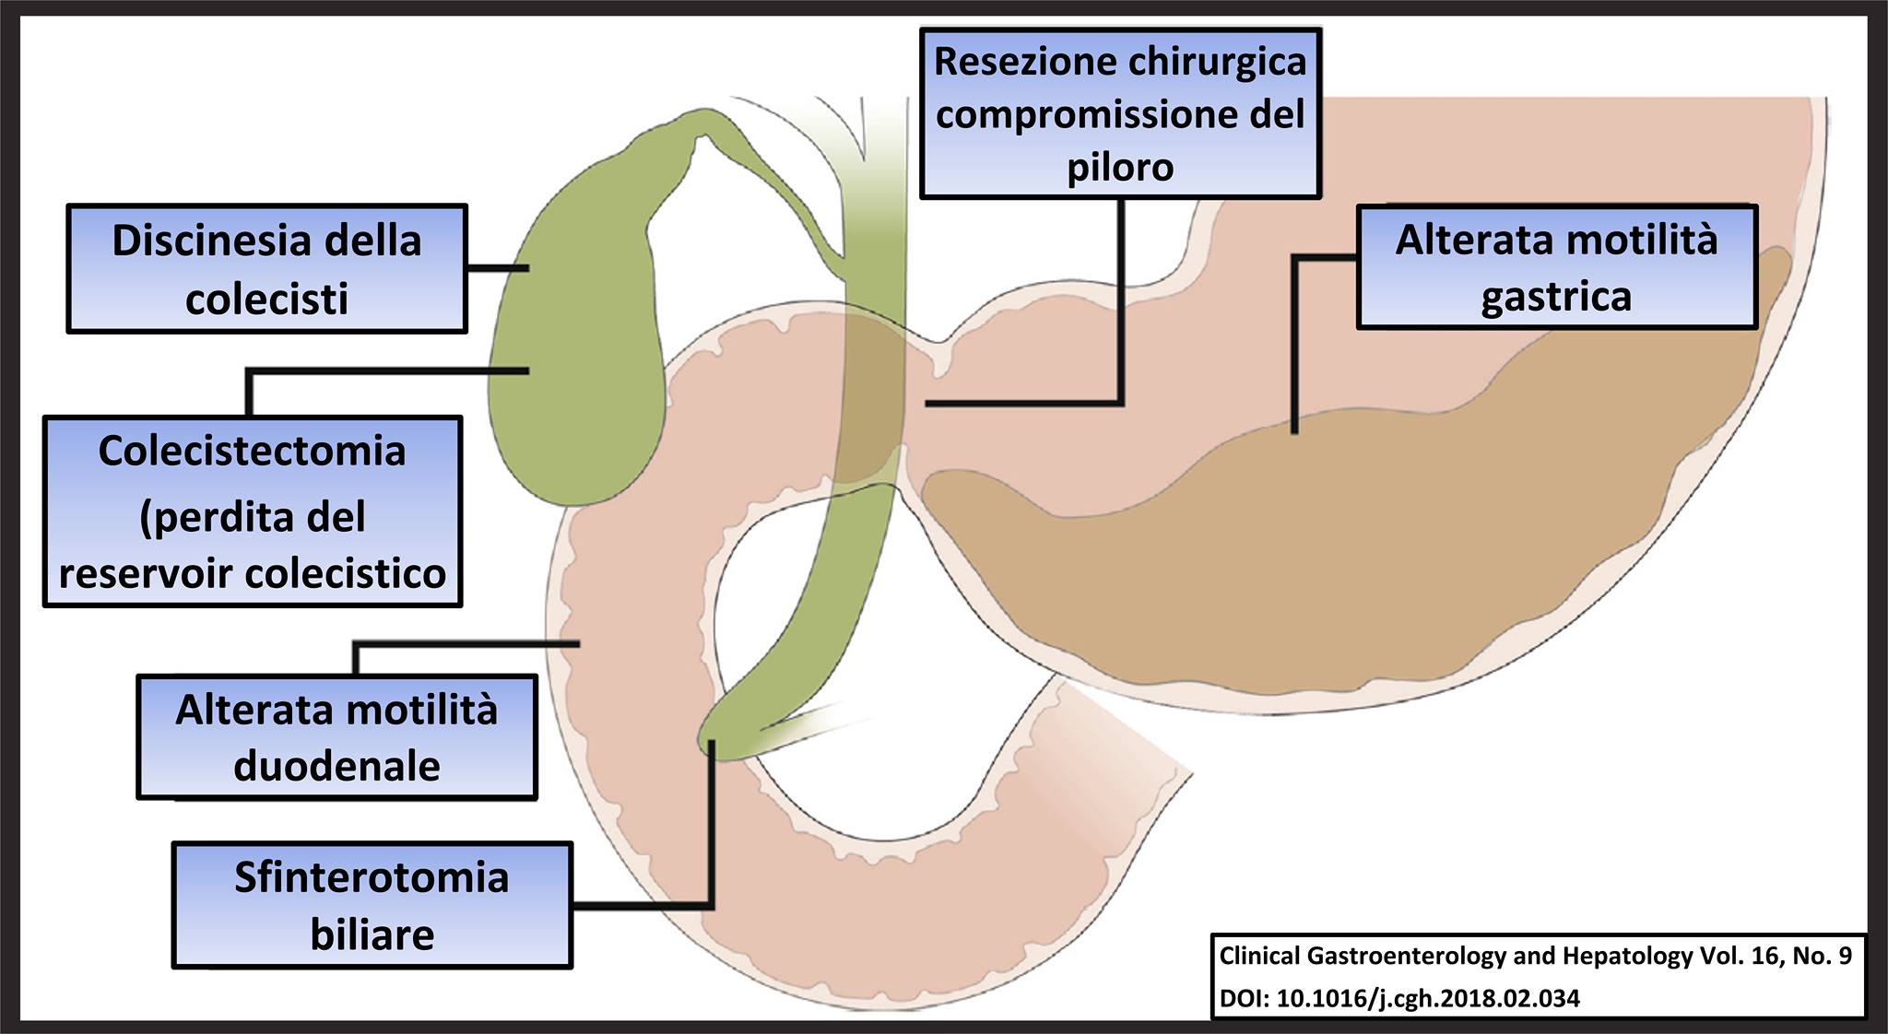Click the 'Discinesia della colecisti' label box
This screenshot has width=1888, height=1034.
point(266,268)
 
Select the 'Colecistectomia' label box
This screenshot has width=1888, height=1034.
point(252,511)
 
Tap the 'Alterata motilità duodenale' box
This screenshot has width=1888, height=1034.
point(336,736)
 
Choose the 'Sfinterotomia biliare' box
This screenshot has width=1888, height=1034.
point(372,904)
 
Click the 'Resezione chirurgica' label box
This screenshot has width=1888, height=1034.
point(1120,113)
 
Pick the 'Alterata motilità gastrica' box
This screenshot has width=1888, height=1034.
point(1556,267)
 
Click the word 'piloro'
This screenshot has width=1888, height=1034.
point(1120,168)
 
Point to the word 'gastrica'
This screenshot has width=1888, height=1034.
point(1556,297)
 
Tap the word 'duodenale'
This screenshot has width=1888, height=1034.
point(336,766)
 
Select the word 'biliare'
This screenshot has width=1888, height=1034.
point(372,934)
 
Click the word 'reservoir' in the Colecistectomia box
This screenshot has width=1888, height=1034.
point(148,573)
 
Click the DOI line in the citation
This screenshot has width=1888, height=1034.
point(1399,998)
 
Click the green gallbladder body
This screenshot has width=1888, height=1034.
point(572,369)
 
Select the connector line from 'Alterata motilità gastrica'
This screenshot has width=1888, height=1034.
point(1294,350)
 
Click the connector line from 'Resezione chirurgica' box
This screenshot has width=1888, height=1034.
point(1121,304)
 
